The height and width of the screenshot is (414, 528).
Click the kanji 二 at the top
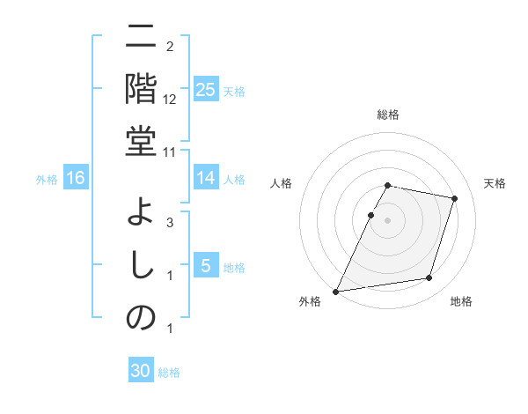click(x=141, y=38)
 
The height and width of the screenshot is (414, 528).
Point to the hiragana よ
click(x=141, y=214)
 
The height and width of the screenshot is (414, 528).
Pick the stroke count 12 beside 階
click(x=170, y=100)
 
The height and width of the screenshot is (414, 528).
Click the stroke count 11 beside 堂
click(x=170, y=152)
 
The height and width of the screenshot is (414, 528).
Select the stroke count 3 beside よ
click(x=170, y=223)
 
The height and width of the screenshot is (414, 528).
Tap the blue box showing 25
click(x=205, y=89)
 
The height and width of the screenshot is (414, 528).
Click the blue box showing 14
click(x=205, y=178)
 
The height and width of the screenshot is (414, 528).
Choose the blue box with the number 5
click(x=205, y=266)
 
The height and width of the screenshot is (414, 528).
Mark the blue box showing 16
click(x=76, y=179)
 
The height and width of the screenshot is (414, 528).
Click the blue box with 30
click(x=141, y=371)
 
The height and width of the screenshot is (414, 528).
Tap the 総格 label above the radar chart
click(x=387, y=115)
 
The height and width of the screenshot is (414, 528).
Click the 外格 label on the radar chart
click(x=310, y=301)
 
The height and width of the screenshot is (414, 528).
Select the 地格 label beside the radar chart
click(x=461, y=301)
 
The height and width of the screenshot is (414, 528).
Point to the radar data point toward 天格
click(x=454, y=199)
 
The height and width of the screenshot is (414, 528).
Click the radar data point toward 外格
click(x=336, y=291)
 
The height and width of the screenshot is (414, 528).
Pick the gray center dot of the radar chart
click(x=387, y=220)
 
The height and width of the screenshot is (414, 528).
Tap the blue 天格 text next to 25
click(x=234, y=91)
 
